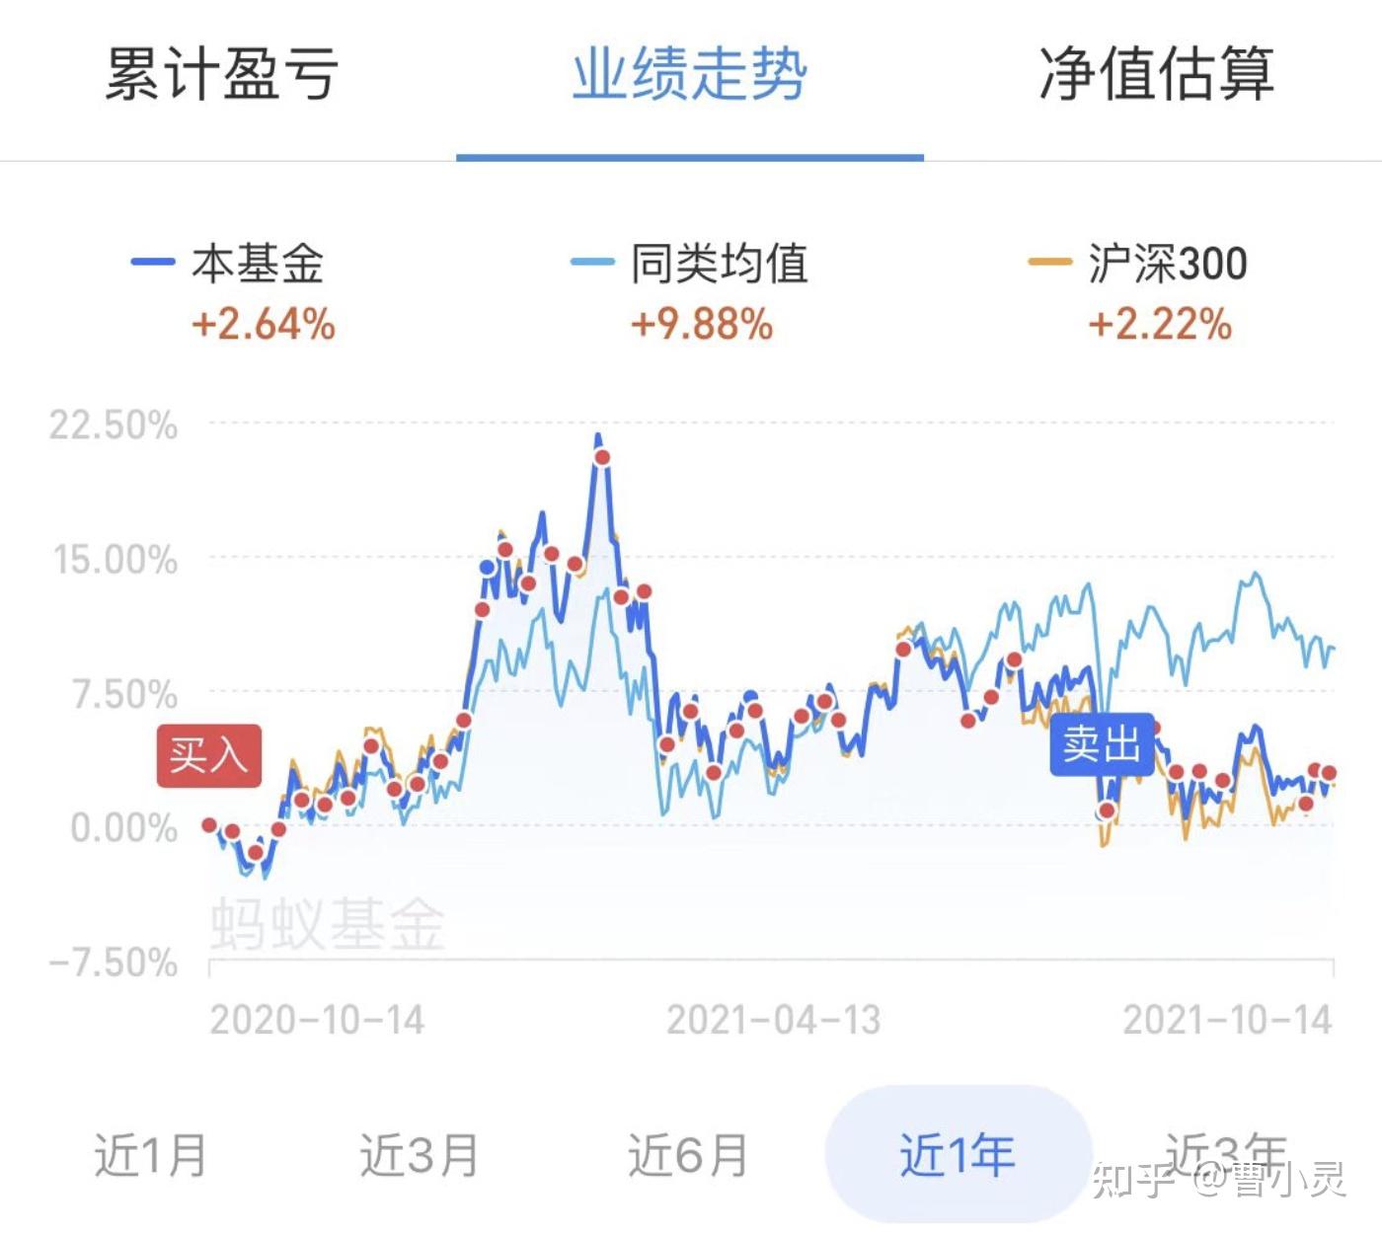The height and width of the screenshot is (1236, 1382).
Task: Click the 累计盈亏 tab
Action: tap(222, 73)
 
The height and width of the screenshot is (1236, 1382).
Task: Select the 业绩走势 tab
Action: tap(690, 73)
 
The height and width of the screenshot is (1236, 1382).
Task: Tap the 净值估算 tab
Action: tap(1156, 73)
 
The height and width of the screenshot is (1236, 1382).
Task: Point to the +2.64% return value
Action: tap(264, 324)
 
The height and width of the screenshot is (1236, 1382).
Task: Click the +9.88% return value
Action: tap(702, 324)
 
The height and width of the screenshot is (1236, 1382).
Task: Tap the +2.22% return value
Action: tap(1160, 324)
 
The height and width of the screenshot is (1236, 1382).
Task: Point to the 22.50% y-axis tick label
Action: tap(114, 425)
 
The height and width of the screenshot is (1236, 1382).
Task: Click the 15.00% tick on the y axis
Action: tap(115, 560)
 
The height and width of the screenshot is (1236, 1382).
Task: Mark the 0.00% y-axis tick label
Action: tap(124, 827)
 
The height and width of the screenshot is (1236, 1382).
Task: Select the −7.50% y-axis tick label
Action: tap(114, 962)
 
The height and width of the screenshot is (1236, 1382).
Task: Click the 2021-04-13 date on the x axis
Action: tap(773, 1020)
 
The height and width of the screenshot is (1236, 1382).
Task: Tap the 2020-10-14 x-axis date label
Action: tap(317, 1020)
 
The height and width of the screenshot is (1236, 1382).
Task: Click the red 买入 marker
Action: tap(208, 756)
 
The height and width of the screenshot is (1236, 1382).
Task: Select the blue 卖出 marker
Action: tap(1102, 743)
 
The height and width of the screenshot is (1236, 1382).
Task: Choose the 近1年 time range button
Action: tap(958, 1154)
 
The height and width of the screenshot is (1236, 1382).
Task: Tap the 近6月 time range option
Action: tap(688, 1154)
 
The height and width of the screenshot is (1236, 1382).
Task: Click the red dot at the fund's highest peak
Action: tap(602, 457)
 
